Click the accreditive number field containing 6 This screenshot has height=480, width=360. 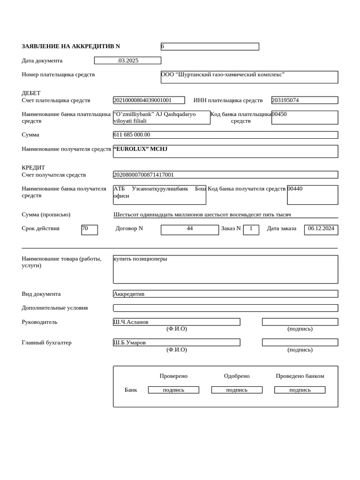point(210,46)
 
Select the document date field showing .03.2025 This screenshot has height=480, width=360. point(127,60)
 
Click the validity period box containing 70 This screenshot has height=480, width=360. point(89,230)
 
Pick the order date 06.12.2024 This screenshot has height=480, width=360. point(321,229)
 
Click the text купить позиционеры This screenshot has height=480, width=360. point(140,259)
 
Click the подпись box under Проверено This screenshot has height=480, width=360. point(173,390)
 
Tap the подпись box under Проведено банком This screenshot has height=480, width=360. point(300,390)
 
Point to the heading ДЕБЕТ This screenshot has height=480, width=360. point(31,93)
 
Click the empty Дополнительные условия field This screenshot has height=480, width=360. point(225,308)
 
